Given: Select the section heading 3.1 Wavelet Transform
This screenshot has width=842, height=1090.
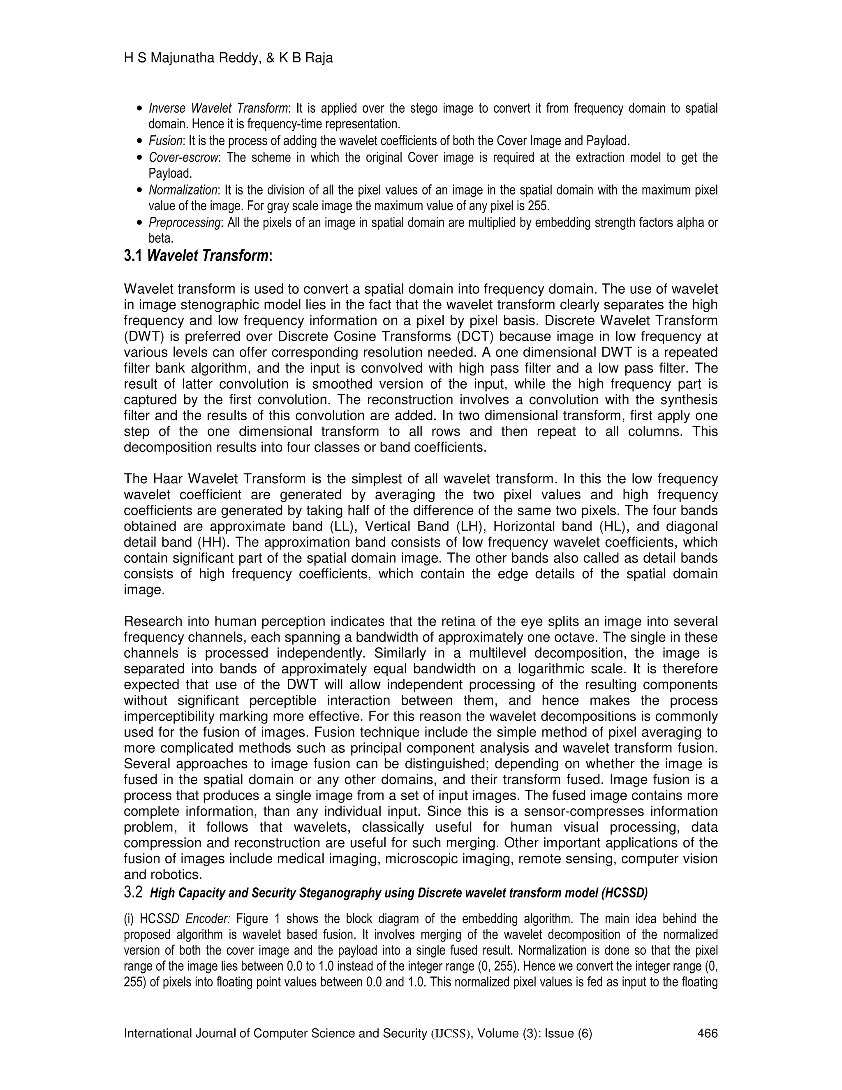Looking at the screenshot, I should point(198,256).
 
